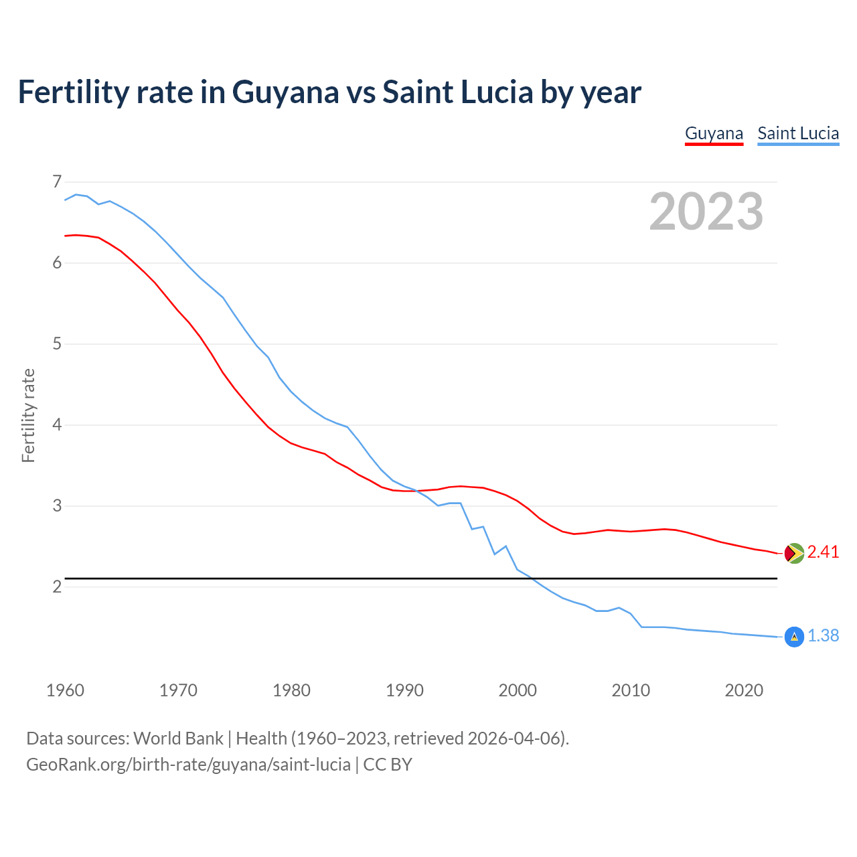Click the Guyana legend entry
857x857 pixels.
714,133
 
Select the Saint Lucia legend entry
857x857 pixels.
798,133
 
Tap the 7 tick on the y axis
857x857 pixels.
57,181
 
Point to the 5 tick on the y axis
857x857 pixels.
57,344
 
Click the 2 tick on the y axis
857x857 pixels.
57,587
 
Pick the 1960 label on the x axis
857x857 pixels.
65,690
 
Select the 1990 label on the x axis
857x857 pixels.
404,690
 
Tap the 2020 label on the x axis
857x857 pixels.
744,690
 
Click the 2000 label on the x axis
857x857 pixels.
518,690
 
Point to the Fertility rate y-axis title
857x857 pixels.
28,415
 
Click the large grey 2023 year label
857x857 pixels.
706,212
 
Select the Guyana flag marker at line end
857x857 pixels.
793,553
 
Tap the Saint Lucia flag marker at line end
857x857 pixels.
793,637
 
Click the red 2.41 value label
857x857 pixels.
823,552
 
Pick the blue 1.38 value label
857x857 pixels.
823,636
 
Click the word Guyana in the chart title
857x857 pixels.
285,92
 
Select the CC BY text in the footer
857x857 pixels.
388,765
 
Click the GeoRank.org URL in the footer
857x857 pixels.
188,765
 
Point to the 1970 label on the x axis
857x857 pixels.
178,690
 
